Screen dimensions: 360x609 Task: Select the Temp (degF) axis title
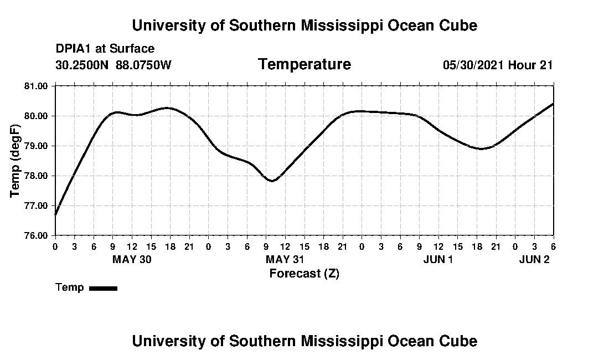15,161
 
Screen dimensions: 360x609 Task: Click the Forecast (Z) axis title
304,273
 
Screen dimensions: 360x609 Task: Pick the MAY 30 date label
132,259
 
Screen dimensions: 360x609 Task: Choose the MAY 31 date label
285,259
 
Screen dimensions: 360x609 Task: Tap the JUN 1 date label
438,259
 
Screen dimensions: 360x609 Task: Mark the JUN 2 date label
534,259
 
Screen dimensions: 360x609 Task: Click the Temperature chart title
304,64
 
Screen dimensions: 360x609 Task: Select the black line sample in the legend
103,288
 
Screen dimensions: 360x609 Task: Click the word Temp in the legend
70,287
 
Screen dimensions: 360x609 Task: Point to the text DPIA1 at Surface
105,49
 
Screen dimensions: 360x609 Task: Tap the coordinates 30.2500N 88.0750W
113,65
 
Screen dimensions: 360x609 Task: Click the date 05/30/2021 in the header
473,65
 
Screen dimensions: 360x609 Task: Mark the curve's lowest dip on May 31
272,181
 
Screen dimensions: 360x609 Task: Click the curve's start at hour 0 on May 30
55,215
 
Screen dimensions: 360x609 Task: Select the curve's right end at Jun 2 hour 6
553,104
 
